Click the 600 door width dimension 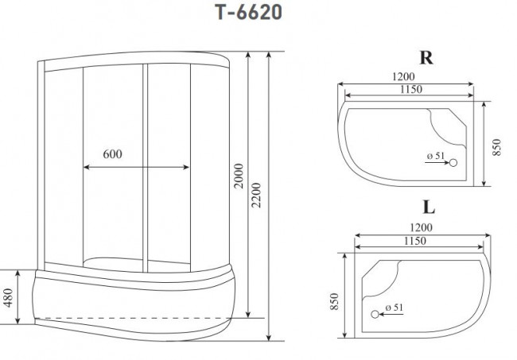click(x=112, y=153)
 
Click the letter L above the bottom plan click(x=428, y=208)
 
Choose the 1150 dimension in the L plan click(x=417, y=240)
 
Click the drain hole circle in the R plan click(x=453, y=163)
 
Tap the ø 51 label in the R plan click(x=434, y=156)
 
